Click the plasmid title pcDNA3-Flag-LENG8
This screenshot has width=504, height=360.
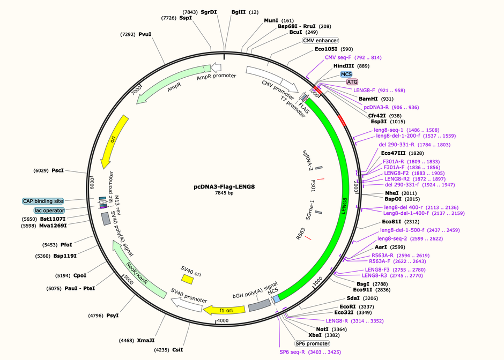[224, 186]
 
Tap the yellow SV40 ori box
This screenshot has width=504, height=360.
[187, 279]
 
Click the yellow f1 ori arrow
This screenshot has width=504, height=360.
[224, 310]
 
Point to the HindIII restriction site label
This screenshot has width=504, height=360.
[344, 66]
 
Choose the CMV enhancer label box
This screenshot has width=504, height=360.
[321, 41]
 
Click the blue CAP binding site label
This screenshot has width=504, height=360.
[43, 201]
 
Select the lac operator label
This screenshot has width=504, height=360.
[49, 211]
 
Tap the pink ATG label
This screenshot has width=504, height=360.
[352, 82]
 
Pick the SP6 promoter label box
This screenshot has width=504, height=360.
[313, 343]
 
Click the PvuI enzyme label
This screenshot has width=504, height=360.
[145, 34]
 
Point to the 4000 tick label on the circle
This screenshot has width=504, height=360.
[223, 320]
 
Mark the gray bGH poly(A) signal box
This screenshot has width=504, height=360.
[260, 305]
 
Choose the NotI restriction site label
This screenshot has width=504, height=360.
[322, 329]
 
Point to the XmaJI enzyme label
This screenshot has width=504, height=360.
[146, 340]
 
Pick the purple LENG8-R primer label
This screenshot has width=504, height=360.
[337, 321]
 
